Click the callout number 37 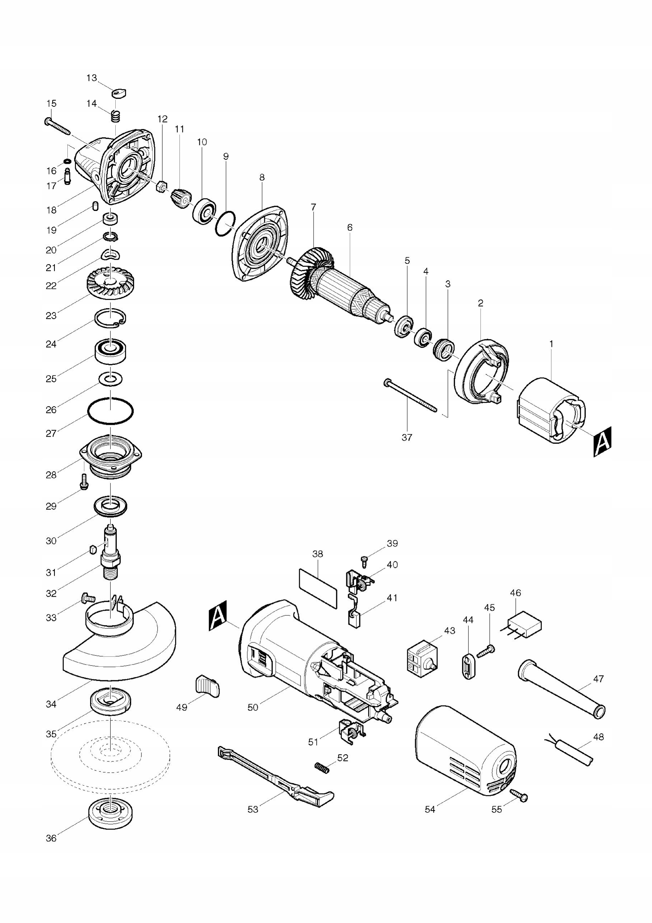[x=407, y=437]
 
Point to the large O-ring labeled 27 [x=111, y=411]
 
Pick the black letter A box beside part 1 [x=602, y=441]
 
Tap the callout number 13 [x=92, y=78]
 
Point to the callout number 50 [x=252, y=707]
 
